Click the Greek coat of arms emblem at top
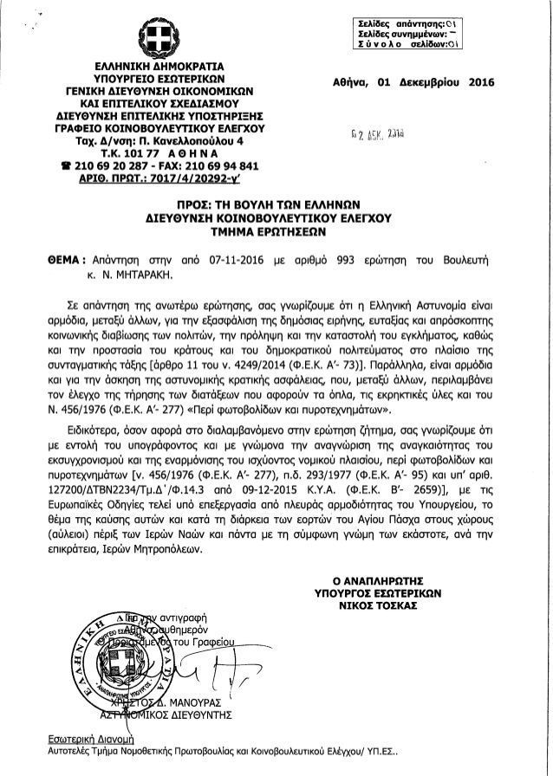[x=153, y=36]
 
